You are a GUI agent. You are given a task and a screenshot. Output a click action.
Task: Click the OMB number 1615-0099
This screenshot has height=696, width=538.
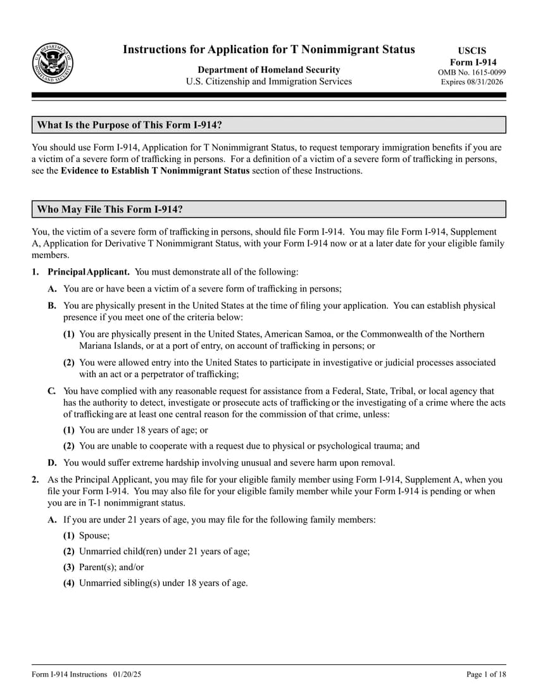tap(472, 72)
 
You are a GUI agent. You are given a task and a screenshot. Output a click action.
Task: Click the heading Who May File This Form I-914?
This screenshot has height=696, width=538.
tap(110, 209)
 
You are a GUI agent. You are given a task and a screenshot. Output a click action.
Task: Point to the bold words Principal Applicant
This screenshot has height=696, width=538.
tap(89, 272)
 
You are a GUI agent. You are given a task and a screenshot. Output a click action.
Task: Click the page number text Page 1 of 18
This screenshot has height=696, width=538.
tap(486, 674)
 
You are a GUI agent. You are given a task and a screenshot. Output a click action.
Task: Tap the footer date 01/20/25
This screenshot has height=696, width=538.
tap(128, 674)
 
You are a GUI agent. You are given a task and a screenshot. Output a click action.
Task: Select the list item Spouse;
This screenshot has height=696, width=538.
tap(94, 536)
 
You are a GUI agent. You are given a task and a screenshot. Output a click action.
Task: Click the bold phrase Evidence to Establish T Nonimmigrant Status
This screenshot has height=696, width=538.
tap(155, 171)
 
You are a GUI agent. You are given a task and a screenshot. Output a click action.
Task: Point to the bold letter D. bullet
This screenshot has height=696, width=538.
tap(52, 463)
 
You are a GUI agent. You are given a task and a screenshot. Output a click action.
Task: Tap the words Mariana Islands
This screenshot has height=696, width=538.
tap(106, 346)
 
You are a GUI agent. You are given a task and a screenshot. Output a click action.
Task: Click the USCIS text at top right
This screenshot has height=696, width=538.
tap(472, 51)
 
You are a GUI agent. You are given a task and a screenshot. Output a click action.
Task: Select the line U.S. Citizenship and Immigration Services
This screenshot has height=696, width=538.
tap(268, 82)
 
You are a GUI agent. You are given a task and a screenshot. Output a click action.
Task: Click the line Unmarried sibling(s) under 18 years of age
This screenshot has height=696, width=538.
tap(163, 583)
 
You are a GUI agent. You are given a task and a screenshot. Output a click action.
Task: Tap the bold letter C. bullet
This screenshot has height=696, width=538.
tap(52, 392)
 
